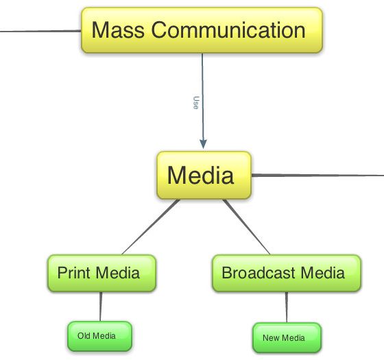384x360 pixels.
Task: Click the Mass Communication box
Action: [x=202, y=30]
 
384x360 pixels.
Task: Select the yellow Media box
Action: [x=204, y=175]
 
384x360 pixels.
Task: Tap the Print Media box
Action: [x=101, y=273]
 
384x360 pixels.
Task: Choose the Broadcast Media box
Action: [x=287, y=274]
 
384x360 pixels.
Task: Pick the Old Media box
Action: [x=99, y=336]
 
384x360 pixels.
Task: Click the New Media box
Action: [x=287, y=337]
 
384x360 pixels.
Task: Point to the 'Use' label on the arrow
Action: [x=196, y=103]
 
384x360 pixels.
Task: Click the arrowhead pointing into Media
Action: [x=203, y=144]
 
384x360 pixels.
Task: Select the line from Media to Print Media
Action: [x=151, y=227]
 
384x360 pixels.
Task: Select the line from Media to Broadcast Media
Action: [x=246, y=227]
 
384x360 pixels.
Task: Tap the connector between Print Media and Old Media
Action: [x=100, y=307]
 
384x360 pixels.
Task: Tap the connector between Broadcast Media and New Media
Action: [x=287, y=307]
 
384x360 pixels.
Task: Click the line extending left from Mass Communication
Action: [x=40, y=31]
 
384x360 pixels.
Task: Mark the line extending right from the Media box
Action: [x=317, y=175]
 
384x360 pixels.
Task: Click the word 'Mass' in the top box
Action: [x=118, y=29]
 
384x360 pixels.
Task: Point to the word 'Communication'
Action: [x=228, y=29]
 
